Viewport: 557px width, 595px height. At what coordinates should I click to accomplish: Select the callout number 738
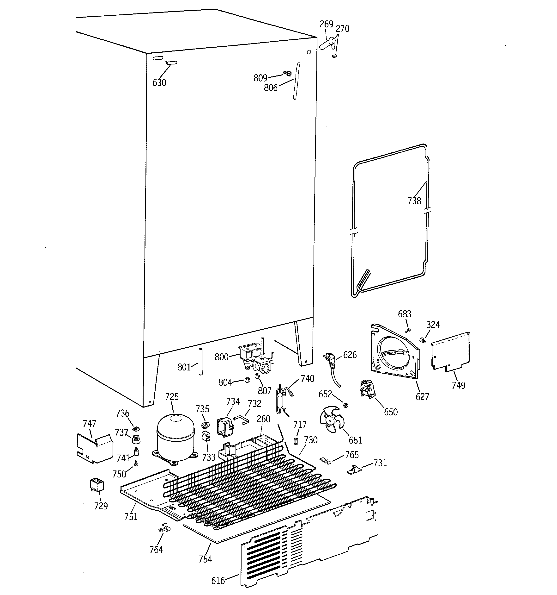point(414,201)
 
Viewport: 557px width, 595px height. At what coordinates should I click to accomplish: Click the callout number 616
point(218,581)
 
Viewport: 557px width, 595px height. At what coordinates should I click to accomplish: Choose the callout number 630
point(159,83)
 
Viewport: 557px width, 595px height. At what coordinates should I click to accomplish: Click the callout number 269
point(326,24)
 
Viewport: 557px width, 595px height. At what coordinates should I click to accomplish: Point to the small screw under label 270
point(334,55)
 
